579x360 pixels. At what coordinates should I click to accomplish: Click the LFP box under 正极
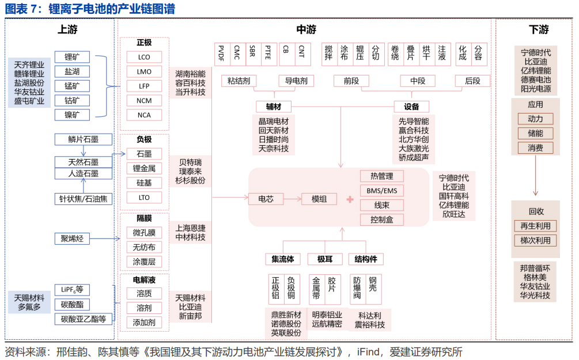pyautogui.click(x=144, y=86)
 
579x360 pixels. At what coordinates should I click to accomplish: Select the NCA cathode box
pyautogui.click(x=144, y=115)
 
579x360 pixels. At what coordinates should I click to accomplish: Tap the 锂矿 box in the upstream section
pyautogui.click(x=72, y=57)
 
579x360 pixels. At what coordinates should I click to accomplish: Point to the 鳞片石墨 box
pyautogui.click(x=83, y=139)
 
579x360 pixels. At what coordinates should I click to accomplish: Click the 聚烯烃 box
pyautogui.click(x=72, y=238)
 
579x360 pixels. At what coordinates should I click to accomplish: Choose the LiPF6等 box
pyautogui.click(x=72, y=290)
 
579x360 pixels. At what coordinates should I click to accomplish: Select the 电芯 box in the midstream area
pyautogui.click(x=266, y=199)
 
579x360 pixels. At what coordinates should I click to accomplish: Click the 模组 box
pyautogui.click(x=319, y=199)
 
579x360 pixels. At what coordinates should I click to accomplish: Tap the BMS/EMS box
pyautogui.click(x=381, y=191)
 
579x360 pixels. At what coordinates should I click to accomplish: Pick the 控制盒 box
pyautogui.click(x=381, y=219)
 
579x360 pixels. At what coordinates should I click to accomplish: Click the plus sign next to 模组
pyautogui.click(x=349, y=199)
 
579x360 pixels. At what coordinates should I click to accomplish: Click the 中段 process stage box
pyautogui.click(x=417, y=81)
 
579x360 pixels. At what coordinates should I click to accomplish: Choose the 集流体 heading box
pyautogui.click(x=282, y=259)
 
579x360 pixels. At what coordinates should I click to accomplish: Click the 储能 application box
pyautogui.click(x=535, y=134)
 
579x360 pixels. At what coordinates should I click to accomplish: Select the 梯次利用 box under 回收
pyautogui.click(x=535, y=240)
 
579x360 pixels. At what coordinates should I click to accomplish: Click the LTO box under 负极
pyautogui.click(x=144, y=198)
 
